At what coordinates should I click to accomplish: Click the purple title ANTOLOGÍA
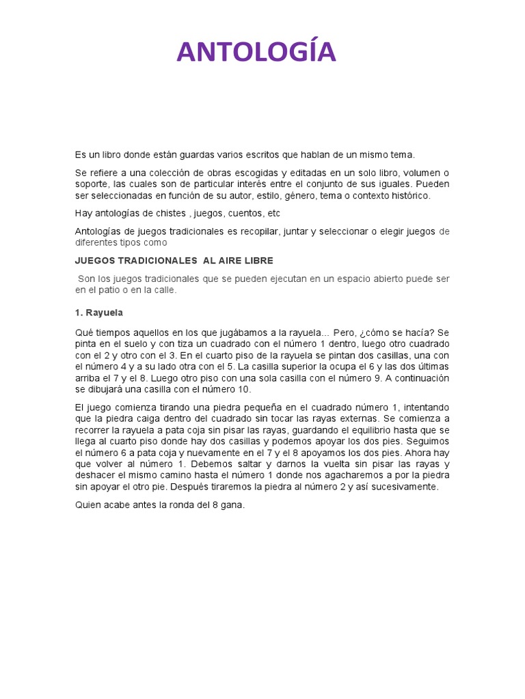[256, 53]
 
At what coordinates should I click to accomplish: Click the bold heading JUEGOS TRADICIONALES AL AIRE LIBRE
[174, 261]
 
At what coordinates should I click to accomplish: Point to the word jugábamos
[208, 332]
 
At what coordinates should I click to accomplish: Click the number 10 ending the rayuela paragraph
[245, 389]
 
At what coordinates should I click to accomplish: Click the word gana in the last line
[232, 505]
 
